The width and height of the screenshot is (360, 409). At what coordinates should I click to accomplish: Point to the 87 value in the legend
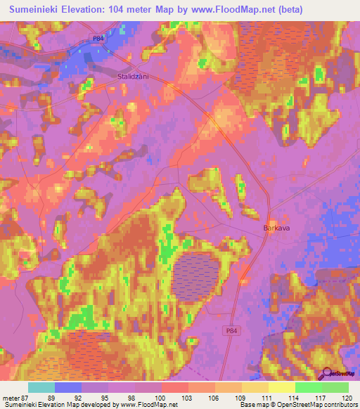click(x=23, y=397)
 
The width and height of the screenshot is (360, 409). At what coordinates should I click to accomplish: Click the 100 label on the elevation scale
click(x=162, y=397)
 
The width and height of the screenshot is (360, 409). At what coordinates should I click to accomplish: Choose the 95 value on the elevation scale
click(x=105, y=397)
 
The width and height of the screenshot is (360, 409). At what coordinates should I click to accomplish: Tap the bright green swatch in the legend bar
click(x=308, y=387)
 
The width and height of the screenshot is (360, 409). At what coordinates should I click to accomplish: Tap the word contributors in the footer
click(x=338, y=405)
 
